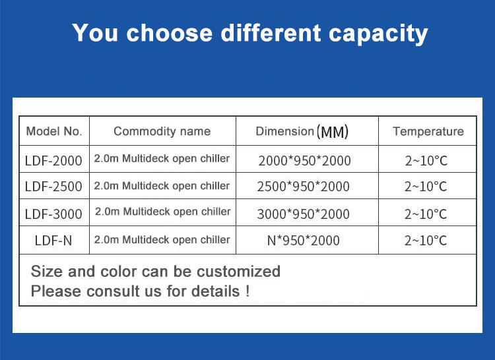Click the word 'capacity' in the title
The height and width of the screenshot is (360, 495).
[x=378, y=34]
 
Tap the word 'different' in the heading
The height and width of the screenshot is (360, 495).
[x=271, y=32]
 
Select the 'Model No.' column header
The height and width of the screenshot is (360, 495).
[x=54, y=131]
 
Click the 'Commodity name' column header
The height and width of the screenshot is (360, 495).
[x=162, y=131]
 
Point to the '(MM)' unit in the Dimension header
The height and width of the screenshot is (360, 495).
[x=333, y=132]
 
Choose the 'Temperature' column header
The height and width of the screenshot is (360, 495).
[x=428, y=131]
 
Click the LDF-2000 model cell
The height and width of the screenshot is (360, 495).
[x=53, y=161]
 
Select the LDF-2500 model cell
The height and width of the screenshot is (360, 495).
[x=53, y=187]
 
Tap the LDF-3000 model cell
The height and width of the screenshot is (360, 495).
[x=53, y=214]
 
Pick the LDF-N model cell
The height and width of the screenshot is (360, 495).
[x=53, y=241]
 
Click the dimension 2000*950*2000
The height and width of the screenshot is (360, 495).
[x=305, y=161]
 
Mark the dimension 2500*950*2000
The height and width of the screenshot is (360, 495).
[x=304, y=187]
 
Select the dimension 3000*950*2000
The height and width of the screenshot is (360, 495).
[x=304, y=214]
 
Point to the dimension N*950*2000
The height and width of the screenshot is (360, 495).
[x=304, y=241]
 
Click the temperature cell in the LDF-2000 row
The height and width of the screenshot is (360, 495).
[x=426, y=161]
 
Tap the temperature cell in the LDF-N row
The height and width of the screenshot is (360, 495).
[x=426, y=241]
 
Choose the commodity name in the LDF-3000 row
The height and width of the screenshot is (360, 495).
[x=163, y=212]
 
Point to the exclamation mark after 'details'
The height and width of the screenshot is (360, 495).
[x=247, y=291]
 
